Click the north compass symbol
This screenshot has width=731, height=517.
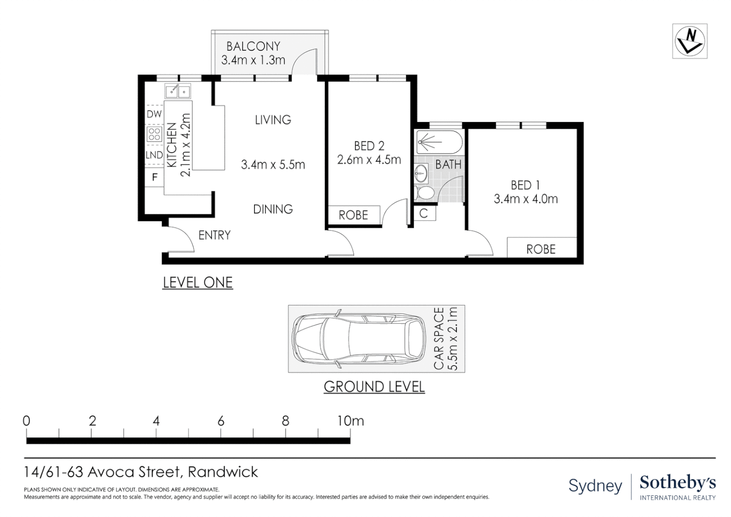pos(689,42)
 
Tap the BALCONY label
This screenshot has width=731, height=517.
pos(253,46)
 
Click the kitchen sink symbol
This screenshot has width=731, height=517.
pos(178,91)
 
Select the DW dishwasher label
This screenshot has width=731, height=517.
pos(154,114)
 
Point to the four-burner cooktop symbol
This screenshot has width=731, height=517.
pos(155,134)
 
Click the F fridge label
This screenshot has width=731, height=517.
pos(155,177)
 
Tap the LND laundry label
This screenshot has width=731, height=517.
pos(154,155)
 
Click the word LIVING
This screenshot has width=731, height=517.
pos(273,120)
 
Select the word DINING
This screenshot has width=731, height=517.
pos(273,209)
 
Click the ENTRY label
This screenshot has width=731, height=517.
pos(214,235)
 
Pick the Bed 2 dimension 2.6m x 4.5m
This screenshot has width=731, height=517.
pos(369,160)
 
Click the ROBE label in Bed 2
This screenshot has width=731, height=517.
pos(354,215)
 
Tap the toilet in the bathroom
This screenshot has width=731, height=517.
pos(424,192)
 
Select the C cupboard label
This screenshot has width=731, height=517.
pos(423,214)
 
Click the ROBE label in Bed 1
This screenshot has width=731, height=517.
pos(541,249)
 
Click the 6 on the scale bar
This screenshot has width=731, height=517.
pos(221,421)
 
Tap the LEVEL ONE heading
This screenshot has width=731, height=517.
pos(198,282)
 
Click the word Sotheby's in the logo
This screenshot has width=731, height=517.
pos(677,483)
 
